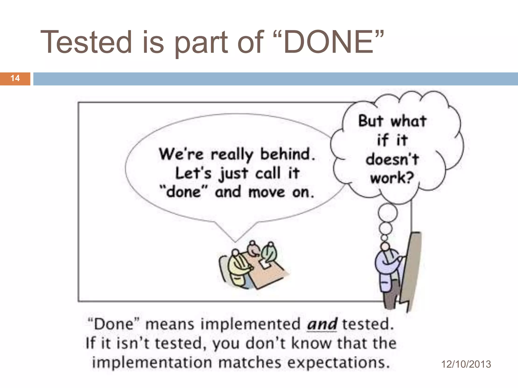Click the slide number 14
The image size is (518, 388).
[15, 78]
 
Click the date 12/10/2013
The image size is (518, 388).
[466, 364]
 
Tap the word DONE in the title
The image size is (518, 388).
[329, 42]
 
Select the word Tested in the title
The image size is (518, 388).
[86, 42]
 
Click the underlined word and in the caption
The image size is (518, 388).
[322, 324]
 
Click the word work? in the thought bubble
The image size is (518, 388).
[392, 178]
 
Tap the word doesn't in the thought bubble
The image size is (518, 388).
[392, 159]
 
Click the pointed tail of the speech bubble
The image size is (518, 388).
[235, 239]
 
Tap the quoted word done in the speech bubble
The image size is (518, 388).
[184, 192]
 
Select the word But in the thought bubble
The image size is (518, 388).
[371, 121]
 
